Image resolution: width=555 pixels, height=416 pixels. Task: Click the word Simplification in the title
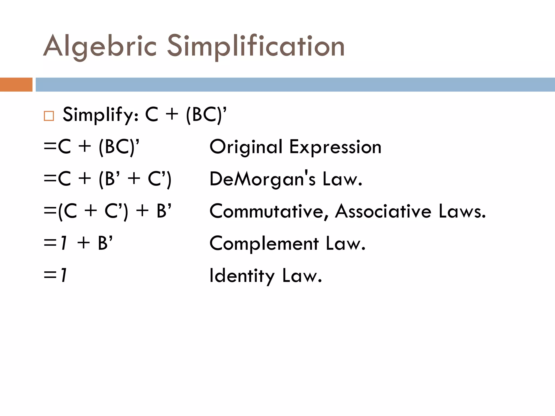coord(256,46)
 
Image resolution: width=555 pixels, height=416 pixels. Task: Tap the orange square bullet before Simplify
coord(49,116)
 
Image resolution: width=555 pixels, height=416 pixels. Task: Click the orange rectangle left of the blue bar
coord(16,84)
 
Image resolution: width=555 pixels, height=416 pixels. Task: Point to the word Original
coord(246,147)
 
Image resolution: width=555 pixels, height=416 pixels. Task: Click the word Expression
coord(335,147)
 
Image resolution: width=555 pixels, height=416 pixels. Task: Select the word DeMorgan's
coord(263,179)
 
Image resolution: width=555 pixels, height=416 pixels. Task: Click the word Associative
coord(383,211)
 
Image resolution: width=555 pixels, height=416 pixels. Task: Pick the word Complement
coord(264,243)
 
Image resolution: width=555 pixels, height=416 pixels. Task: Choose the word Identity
coord(242,276)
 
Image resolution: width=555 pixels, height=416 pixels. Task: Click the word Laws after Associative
coord(462,211)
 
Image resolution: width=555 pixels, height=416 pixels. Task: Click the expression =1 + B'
coord(78,243)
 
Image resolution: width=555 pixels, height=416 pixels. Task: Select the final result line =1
coord(55,275)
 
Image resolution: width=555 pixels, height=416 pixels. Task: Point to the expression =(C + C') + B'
coord(108,211)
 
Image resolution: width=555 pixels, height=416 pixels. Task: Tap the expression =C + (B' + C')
coord(108,179)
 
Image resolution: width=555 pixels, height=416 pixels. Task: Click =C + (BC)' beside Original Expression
coord(92,147)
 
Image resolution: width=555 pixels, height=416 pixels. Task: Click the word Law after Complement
coord(346,243)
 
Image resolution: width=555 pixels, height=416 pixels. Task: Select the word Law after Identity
coord(302,276)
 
